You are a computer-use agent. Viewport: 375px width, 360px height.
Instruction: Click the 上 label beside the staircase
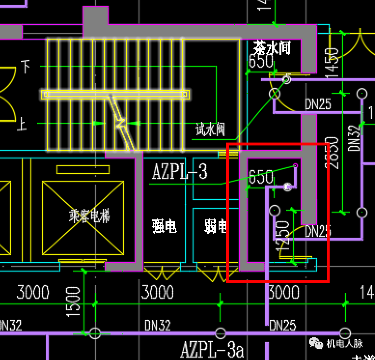[x=22, y=125]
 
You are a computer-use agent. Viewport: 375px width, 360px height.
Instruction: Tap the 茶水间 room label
[x=272, y=48]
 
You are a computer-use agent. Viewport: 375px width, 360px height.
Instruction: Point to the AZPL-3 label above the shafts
[x=180, y=172]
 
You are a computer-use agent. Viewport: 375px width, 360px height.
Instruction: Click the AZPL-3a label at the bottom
[x=212, y=349]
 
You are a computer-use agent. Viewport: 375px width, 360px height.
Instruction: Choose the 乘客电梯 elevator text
[x=89, y=216]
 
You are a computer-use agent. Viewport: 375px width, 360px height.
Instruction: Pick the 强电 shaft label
[x=164, y=225]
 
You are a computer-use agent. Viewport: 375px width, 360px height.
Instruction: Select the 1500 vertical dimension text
[x=73, y=302]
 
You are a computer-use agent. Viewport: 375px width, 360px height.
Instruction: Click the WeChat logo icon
[x=317, y=343]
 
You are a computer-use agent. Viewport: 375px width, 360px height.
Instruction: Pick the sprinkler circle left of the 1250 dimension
[x=274, y=211]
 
